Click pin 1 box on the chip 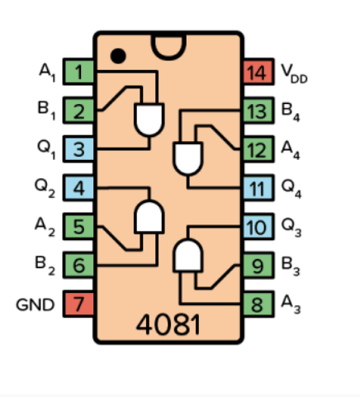point(79,73)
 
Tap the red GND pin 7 point(79,304)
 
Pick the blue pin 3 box point(79,149)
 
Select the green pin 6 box point(79,266)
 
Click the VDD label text point(292,73)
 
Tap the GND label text point(35,305)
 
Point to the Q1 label point(46,150)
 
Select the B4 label point(291,112)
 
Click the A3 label point(291,305)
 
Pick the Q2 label point(46,189)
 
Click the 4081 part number point(168,324)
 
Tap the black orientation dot point(119,56)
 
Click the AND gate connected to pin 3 point(149,120)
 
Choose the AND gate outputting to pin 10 point(187,257)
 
